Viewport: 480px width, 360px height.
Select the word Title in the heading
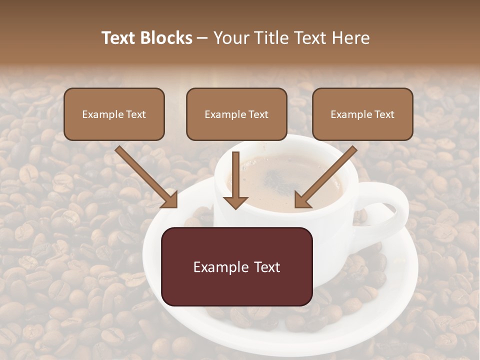[270, 38]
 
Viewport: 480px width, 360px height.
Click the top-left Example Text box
[114, 114]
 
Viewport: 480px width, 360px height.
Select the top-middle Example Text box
[236, 114]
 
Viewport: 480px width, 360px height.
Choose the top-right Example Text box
[362, 114]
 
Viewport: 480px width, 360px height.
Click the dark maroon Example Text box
[236, 266]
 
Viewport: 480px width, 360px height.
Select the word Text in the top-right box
[384, 114]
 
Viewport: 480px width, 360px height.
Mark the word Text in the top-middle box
[258, 114]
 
